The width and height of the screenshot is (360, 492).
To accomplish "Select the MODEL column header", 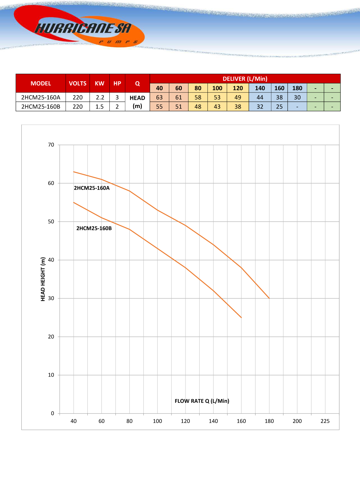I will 41,83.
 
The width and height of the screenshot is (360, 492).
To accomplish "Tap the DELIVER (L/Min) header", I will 245,79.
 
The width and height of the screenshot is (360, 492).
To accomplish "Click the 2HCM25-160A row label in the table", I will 41,97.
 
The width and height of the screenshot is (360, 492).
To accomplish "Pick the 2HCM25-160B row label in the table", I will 41,107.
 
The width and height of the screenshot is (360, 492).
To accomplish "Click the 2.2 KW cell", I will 100,97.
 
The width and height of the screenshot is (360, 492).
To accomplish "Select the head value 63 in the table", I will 159,97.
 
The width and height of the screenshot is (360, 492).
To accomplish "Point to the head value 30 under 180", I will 297,97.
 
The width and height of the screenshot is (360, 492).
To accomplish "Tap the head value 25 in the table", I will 279,107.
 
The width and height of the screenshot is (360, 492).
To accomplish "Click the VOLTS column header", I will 78,83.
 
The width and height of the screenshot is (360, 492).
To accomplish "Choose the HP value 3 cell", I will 117,97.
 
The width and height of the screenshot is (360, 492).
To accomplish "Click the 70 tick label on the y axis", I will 51,145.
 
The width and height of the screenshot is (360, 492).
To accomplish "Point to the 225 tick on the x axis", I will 325,421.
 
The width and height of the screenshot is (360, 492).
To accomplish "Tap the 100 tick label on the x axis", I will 157,421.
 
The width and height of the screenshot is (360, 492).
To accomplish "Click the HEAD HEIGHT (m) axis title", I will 43,279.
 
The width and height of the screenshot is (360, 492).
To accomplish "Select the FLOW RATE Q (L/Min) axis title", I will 202,401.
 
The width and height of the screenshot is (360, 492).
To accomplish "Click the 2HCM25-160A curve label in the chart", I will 92,188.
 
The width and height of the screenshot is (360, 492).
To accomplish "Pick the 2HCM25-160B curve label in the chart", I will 94,228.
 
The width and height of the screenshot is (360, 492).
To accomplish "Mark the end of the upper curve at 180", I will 269,298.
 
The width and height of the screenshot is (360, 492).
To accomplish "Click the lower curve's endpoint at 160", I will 241,318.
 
